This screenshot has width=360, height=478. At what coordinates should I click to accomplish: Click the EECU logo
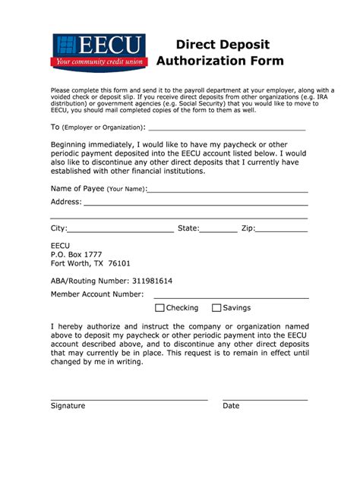click(98, 52)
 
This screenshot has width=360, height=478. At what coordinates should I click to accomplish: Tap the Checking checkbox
click(159, 308)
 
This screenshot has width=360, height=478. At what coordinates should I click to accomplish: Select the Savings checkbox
click(216, 308)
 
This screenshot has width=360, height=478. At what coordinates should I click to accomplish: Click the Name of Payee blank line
click(228, 191)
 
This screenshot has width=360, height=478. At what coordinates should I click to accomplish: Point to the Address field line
click(195, 204)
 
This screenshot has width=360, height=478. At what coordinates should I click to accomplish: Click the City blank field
click(121, 230)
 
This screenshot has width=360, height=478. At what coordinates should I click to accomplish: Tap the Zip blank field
click(282, 230)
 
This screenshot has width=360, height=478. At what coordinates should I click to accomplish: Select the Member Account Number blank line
click(231, 296)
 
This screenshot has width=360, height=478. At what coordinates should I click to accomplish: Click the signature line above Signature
click(129, 398)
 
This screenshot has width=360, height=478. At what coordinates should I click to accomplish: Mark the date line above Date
click(265, 398)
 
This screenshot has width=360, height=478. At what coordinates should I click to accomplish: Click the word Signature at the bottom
click(68, 406)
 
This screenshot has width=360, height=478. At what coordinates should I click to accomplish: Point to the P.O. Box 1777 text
click(76, 255)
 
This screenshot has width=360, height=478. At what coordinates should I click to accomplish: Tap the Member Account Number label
click(97, 294)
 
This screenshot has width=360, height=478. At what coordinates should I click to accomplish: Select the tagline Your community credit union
click(98, 62)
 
